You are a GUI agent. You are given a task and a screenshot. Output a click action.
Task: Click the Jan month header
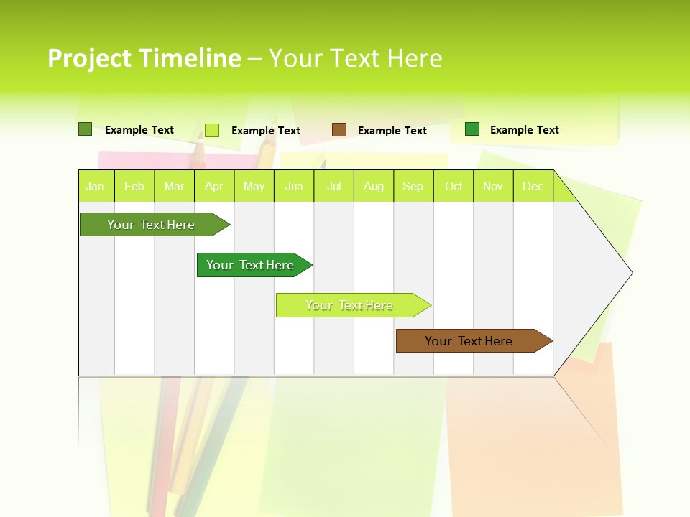tap(95, 187)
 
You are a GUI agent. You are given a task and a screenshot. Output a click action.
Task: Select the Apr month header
tap(214, 187)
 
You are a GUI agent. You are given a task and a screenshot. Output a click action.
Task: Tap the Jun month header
tap(294, 187)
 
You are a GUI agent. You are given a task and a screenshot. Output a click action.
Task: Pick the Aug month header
tap(374, 187)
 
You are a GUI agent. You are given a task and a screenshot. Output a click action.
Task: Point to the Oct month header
tap(454, 187)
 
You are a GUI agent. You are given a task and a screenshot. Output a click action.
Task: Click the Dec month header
tap(533, 187)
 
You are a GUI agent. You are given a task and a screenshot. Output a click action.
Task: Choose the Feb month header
tap(134, 187)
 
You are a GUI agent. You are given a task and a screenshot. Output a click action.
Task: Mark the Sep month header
tap(413, 187)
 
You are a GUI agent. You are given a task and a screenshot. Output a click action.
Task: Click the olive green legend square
tap(85, 129)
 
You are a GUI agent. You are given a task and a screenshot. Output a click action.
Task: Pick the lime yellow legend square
tap(211, 130)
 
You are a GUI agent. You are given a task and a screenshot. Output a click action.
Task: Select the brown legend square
tap(339, 130)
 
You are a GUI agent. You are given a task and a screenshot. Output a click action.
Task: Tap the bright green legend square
tap(472, 129)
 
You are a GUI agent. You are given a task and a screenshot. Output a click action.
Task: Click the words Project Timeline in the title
tap(144, 58)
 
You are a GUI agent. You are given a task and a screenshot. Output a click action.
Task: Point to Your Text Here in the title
tap(355, 58)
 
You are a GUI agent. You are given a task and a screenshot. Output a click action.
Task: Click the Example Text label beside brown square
tap(392, 131)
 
